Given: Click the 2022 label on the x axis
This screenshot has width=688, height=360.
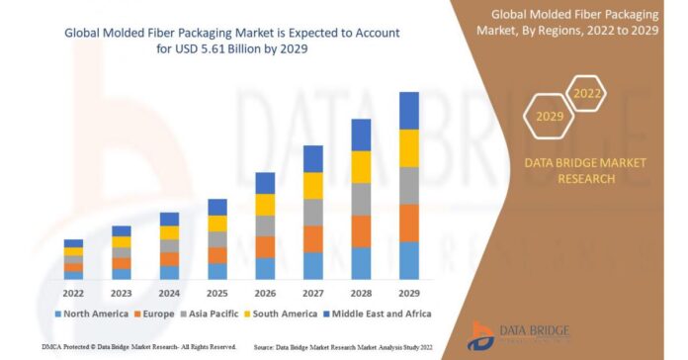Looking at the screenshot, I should pyautogui.click(x=73, y=293).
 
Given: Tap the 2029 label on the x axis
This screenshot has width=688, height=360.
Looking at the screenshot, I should pyautogui.click(x=409, y=293).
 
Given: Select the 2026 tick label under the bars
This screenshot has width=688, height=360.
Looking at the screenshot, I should pyautogui.click(x=265, y=293).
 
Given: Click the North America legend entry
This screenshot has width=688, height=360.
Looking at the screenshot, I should pyautogui.click(x=91, y=314).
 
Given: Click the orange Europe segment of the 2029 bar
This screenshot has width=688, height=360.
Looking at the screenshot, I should pyautogui.click(x=409, y=223).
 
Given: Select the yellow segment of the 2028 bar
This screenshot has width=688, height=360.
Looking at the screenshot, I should pyautogui.click(x=361, y=166).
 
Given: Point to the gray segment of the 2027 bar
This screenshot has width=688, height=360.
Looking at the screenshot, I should pyautogui.click(x=313, y=212).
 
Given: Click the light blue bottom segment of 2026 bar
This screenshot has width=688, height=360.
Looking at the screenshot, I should pyautogui.click(x=265, y=268).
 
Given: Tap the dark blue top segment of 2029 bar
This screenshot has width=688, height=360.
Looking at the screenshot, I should pyautogui.click(x=409, y=110).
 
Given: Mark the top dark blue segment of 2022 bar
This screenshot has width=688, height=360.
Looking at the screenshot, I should pyautogui.click(x=73, y=243).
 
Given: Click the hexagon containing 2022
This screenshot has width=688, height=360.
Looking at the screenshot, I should pyautogui.click(x=586, y=94).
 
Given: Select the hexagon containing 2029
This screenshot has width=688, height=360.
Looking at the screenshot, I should pyautogui.click(x=550, y=117).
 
